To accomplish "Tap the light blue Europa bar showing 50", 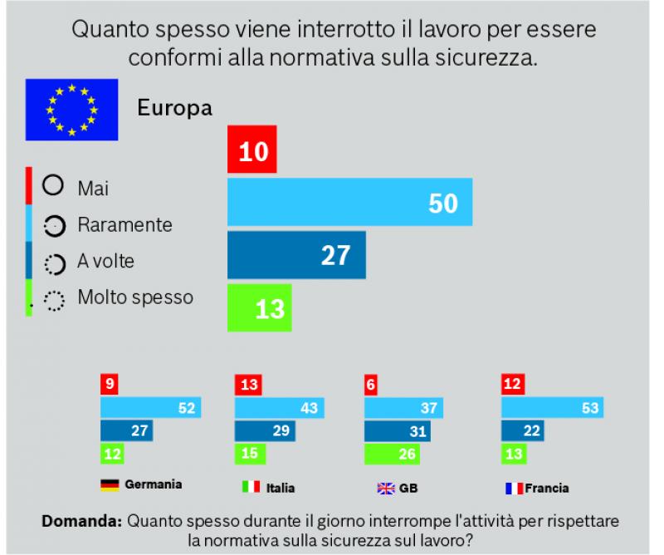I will click(x=349, y=202).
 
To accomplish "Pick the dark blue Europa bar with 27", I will click(x=295, y=255).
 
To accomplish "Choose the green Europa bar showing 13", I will click(x=259, y=307).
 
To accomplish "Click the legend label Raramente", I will click(x=124, y=224).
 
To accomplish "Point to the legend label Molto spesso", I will click(x=134, y=296).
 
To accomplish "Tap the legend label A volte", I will click(x=105, y=261).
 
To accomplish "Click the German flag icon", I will click(x=109, y=484).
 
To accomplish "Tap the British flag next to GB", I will click(x=386, y=489).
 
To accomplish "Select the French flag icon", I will click(x=514, y=489).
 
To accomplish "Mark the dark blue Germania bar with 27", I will click(x=125, y=430).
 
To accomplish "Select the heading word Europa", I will click(x=174, y=108).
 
